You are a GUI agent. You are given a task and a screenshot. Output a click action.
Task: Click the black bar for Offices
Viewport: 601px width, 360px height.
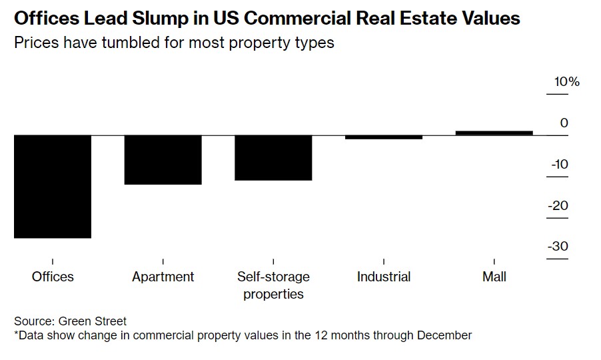tap(52, 186)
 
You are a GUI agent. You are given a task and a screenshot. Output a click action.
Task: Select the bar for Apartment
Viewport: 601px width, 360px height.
tap(163, 159)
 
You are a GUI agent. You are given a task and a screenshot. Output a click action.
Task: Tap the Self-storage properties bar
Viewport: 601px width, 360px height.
tap(273, 157)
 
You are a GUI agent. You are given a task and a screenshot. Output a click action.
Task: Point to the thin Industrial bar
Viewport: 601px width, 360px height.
tap(384, 137)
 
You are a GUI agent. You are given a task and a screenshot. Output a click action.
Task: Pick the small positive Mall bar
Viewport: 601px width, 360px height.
tap(494, 133)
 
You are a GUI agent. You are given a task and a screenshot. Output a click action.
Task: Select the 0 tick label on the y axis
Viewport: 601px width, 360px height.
tap(564, 123)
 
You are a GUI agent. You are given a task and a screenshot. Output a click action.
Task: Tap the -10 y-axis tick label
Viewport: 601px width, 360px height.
tap(558, 164)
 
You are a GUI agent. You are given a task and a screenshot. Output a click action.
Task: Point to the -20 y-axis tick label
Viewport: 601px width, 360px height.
tap(558, 205)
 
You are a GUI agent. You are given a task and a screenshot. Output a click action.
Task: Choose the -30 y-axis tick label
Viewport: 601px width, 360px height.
tap(558, 247)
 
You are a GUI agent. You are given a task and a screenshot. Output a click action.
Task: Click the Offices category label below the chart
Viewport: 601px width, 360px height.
tap(53, 277)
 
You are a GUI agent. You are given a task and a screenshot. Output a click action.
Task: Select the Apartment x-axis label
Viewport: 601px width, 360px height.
tap(163, 277)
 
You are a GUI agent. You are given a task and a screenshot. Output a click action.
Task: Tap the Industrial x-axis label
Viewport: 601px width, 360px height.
tap(384, 277)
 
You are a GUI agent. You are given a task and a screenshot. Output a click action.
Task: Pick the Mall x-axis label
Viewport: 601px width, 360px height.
tap(494, 277)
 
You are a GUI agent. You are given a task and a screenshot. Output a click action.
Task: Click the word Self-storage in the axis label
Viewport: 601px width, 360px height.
tap(273, 277)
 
